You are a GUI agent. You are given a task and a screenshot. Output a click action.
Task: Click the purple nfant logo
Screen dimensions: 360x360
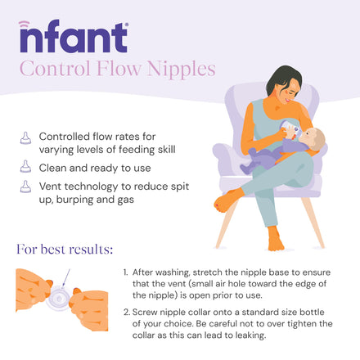click(74, 36)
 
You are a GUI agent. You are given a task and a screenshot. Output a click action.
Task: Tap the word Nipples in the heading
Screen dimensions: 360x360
click(182, 70)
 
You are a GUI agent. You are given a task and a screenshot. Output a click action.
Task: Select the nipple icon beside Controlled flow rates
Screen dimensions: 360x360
click(25, 138)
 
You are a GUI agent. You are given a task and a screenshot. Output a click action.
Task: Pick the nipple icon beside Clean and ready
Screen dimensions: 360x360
click(25, 166)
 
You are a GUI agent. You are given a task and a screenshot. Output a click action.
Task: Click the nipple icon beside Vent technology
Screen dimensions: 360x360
click(25, 187)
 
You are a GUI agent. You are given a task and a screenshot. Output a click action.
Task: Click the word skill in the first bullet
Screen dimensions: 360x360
click(166, 150)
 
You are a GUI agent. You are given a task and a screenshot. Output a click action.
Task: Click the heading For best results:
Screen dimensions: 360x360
click(65, 250)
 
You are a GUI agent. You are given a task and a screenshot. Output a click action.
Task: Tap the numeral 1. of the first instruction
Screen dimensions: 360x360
click(125, 272)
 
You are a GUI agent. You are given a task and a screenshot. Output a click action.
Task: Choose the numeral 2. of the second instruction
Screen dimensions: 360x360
click(127, 312)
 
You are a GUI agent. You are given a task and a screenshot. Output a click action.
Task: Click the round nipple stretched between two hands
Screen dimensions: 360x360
click(60, 297)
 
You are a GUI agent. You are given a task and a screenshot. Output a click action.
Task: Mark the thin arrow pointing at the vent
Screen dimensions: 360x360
click(66, 277)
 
